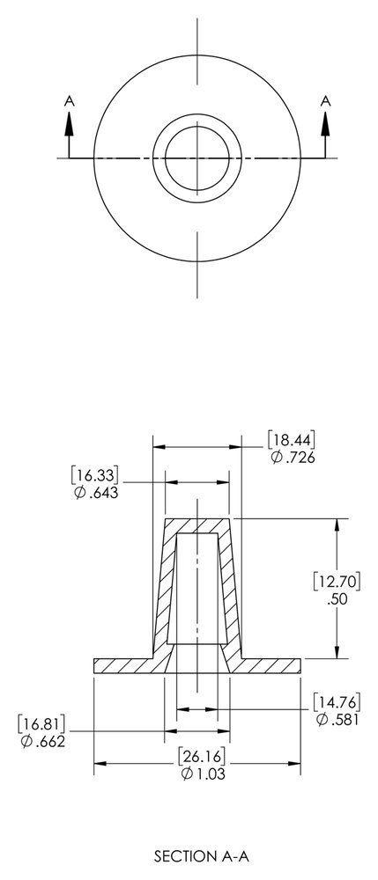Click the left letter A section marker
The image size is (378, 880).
[x=69, y=102]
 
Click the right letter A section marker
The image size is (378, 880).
[x=326, y=102]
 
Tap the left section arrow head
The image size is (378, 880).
[x=69, y=124]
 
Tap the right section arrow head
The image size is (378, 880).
[x=326, y=124]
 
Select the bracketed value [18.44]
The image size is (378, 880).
[x=292, y=439]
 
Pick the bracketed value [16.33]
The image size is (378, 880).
[x=95, y=474]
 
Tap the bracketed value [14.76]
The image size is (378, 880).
[x=337, y=701]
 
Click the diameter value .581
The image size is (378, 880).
[x=337, y=720]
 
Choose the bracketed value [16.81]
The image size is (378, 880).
[x=42, y=723]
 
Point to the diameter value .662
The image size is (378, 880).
[x=44, y=742]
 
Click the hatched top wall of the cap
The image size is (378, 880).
[x=197, y=525]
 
